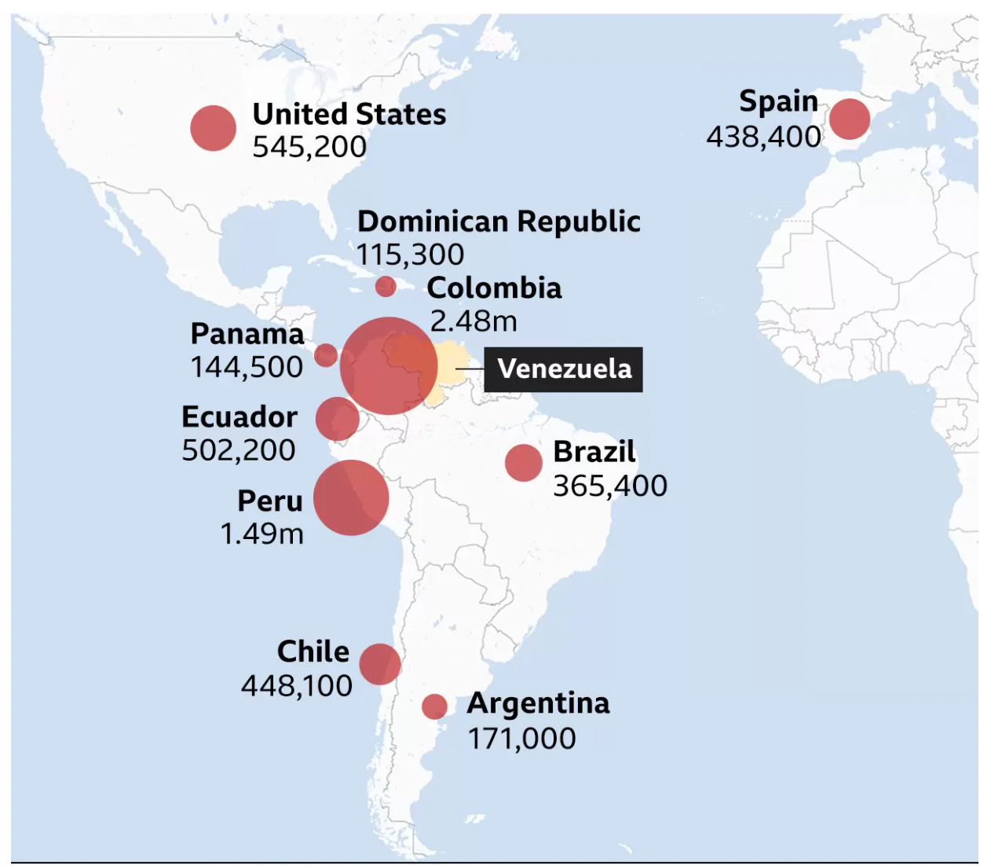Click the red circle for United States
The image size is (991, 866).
(x=213, y=128)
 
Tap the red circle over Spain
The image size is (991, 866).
(x=849, y=119)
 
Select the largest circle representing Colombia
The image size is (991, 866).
(x=389, y=365)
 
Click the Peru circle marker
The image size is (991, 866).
(x=351, y=497)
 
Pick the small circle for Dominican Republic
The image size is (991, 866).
(x=386, y=286)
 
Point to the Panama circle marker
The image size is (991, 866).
(x=326, y=355)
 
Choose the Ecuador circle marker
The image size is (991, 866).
(x=337, y=419)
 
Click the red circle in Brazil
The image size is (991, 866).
(x=524, y=462)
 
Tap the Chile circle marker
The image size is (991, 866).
(x=380, y=664)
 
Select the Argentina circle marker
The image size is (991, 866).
(x=434, y=706)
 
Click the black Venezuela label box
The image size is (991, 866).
(x=564, y=369)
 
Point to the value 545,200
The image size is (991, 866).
(x=309, y=147)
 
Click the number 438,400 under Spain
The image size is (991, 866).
(x=763, y=137)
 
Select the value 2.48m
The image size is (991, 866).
(x=474, y=321)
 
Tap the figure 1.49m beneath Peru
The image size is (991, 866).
(x=262, y=534)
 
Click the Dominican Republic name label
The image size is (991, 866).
(x=499, y=222)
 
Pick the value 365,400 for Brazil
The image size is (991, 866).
(x=610, y=486)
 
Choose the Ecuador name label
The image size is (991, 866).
(x=240, y=416)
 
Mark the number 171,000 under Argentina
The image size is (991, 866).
(x=522, y=739)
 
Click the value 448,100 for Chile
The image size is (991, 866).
(x=297, y=686)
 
